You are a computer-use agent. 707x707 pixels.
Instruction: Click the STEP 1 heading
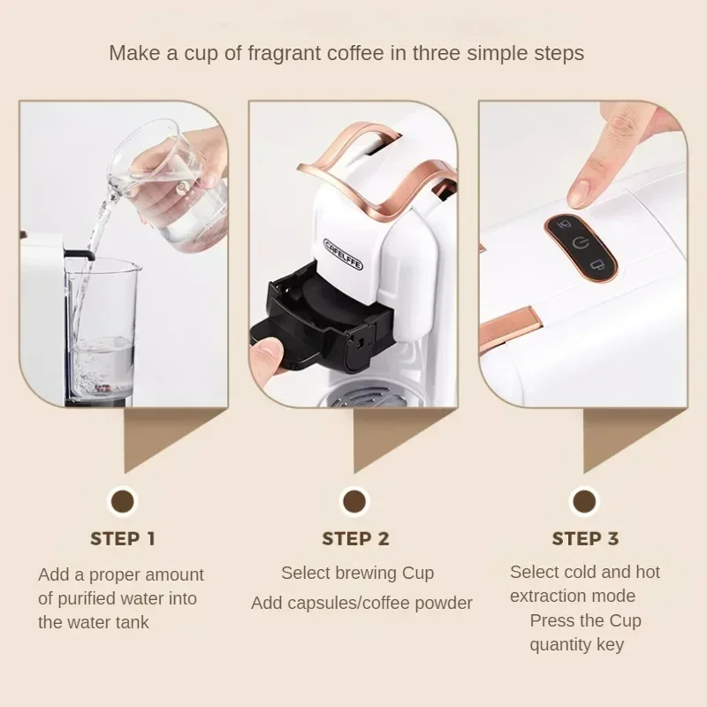(123, 538)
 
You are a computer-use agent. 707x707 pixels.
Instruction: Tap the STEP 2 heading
(355, 538)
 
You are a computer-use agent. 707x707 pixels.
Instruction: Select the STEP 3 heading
(585, 538)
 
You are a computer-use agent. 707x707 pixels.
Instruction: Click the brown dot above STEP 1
(123, 502)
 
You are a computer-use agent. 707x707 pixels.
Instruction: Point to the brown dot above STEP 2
(354, 502)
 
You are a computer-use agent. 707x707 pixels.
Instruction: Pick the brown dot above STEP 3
(584, 502)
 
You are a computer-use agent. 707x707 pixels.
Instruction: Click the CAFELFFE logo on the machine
(343, 255)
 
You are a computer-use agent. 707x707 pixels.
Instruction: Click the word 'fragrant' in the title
(282, 53)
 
